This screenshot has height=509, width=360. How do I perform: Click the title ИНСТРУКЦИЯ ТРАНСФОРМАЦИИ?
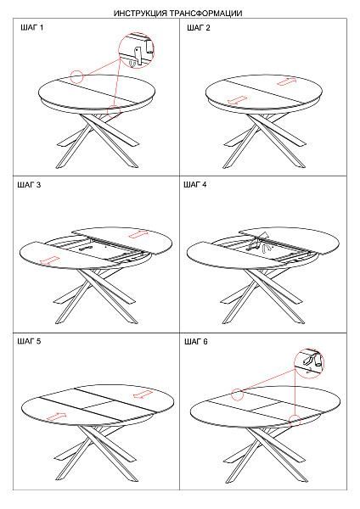(x=177, y=14)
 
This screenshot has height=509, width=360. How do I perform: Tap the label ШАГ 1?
(x=32, y=28)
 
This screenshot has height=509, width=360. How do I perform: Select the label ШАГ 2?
(x=199, y=28)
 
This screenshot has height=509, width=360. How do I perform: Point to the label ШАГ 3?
(x=29, y=185)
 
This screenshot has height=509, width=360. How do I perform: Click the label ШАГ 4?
(x=195, y=185)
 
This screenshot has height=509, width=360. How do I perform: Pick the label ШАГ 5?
(x=29, y=342)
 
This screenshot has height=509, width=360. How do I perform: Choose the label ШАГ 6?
(x=196, y=342)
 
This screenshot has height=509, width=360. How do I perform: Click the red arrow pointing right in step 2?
(x=287, y=81)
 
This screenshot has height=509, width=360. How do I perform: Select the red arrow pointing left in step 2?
(x=237, y=100)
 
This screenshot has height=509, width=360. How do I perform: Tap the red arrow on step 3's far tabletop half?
(x=138, y=234)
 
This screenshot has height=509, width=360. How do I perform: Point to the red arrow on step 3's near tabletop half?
(x=49, y=260)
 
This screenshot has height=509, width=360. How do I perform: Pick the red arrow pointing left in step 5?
(x=143, y=394)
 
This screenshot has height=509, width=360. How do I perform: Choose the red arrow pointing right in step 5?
(x=56, y=417)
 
